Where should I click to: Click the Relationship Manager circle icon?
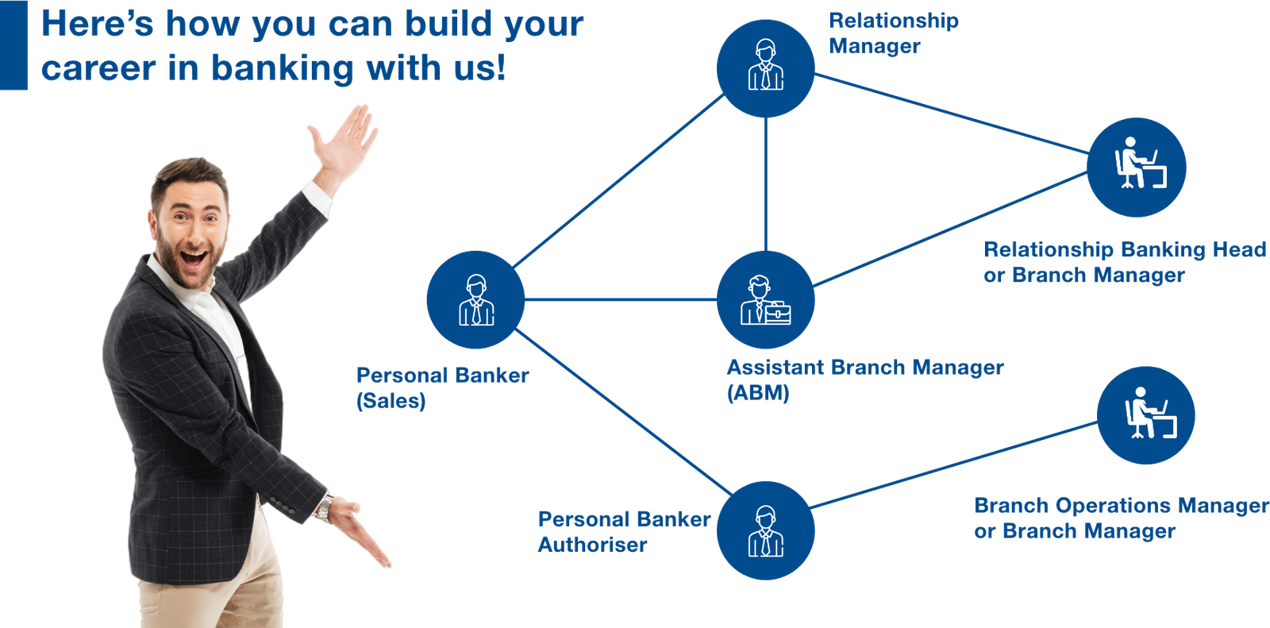click(x=765, y=68)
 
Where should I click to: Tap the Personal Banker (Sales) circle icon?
click(x=475, y=300)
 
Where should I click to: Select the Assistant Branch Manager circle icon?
click(x=765, y=300)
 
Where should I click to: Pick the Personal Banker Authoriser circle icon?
click(x=765, y=530)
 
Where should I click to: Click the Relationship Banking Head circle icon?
click(x=1137, y=168)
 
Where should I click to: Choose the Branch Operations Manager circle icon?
click(x=1145, y=415)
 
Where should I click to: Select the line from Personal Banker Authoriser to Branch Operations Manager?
click(x=952, y=464)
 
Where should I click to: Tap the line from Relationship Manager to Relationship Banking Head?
click(x=952, y=114)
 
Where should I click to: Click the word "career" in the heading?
click(x=98, y=69)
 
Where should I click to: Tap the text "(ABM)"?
click(x=758, y=392)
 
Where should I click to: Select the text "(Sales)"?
click(x=391, y=400)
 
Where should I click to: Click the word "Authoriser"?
click(x=592, y=545)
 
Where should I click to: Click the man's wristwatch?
click(x=323, y=507)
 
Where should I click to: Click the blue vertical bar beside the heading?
click(x=13, y=45)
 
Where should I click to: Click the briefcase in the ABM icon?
click(x=778, y=313)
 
